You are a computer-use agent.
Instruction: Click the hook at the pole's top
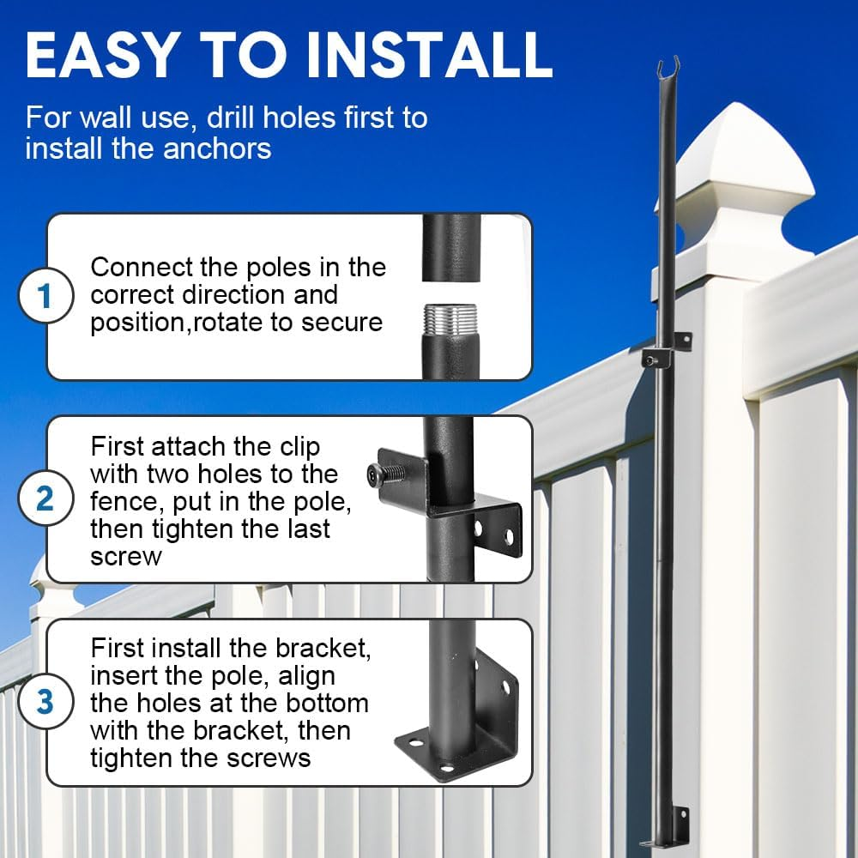click(665, 67)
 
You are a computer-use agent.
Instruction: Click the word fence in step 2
click(125, 500)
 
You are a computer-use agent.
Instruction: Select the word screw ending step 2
click(125, 556)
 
